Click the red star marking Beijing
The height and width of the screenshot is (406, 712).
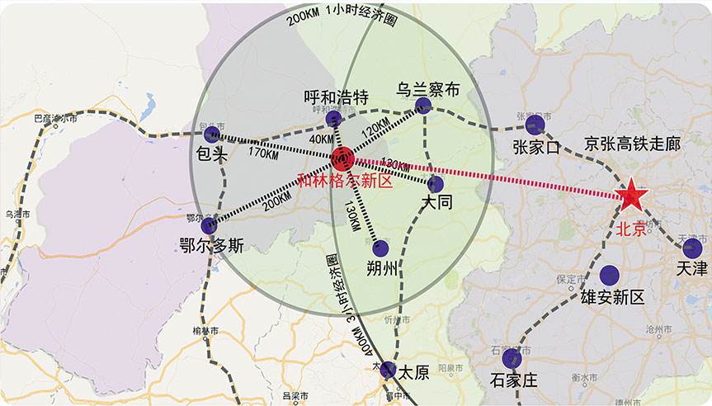(x=633, y=196)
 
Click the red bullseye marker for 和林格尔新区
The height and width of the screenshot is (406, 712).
(x=342, y=158)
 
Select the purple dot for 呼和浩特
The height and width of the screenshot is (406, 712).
(x=333, y=120)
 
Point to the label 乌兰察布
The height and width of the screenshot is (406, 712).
(x=427, y=89)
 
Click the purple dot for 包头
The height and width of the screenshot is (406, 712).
(x=212, y=135)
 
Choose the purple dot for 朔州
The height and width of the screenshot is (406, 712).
(x=380, y=248)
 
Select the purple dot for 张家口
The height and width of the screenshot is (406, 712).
(x=535, y=125)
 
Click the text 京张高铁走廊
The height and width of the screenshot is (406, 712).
(x=632, y=144)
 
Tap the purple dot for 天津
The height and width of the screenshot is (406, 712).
(x=692, y=248)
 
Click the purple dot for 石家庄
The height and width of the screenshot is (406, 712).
(x=512, y=359)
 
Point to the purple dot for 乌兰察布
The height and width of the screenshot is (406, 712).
(x=423, y=105)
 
